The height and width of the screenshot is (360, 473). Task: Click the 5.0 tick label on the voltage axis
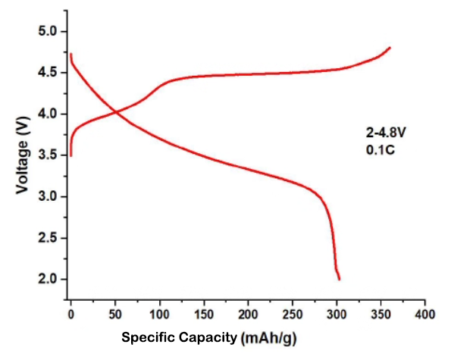point(48,31)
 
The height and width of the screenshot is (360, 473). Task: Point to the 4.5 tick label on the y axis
point(48,73)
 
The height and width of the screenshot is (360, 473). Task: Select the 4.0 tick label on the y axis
point(48,114)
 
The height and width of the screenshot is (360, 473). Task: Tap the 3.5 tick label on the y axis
point(48,155)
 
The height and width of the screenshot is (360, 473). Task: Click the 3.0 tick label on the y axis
point(48,197)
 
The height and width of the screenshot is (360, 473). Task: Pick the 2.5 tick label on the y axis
point(48,238)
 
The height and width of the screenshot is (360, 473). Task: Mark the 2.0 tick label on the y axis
point(48,280)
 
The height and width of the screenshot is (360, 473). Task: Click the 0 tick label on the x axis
point(70,313)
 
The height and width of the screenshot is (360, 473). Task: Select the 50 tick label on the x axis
point(114,313)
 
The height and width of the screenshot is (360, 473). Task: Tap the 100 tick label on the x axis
point(159,313)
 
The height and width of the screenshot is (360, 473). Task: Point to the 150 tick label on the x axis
point(203,313)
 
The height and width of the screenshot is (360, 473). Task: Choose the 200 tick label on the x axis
point(248,313)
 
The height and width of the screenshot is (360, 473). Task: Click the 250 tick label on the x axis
point(292,313)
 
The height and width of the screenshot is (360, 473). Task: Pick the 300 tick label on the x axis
point(336,313)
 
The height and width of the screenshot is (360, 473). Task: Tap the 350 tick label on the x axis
point(381,313)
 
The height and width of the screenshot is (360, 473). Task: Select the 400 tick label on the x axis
point(424,313)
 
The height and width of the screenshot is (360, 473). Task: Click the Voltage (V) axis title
point(23,155)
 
